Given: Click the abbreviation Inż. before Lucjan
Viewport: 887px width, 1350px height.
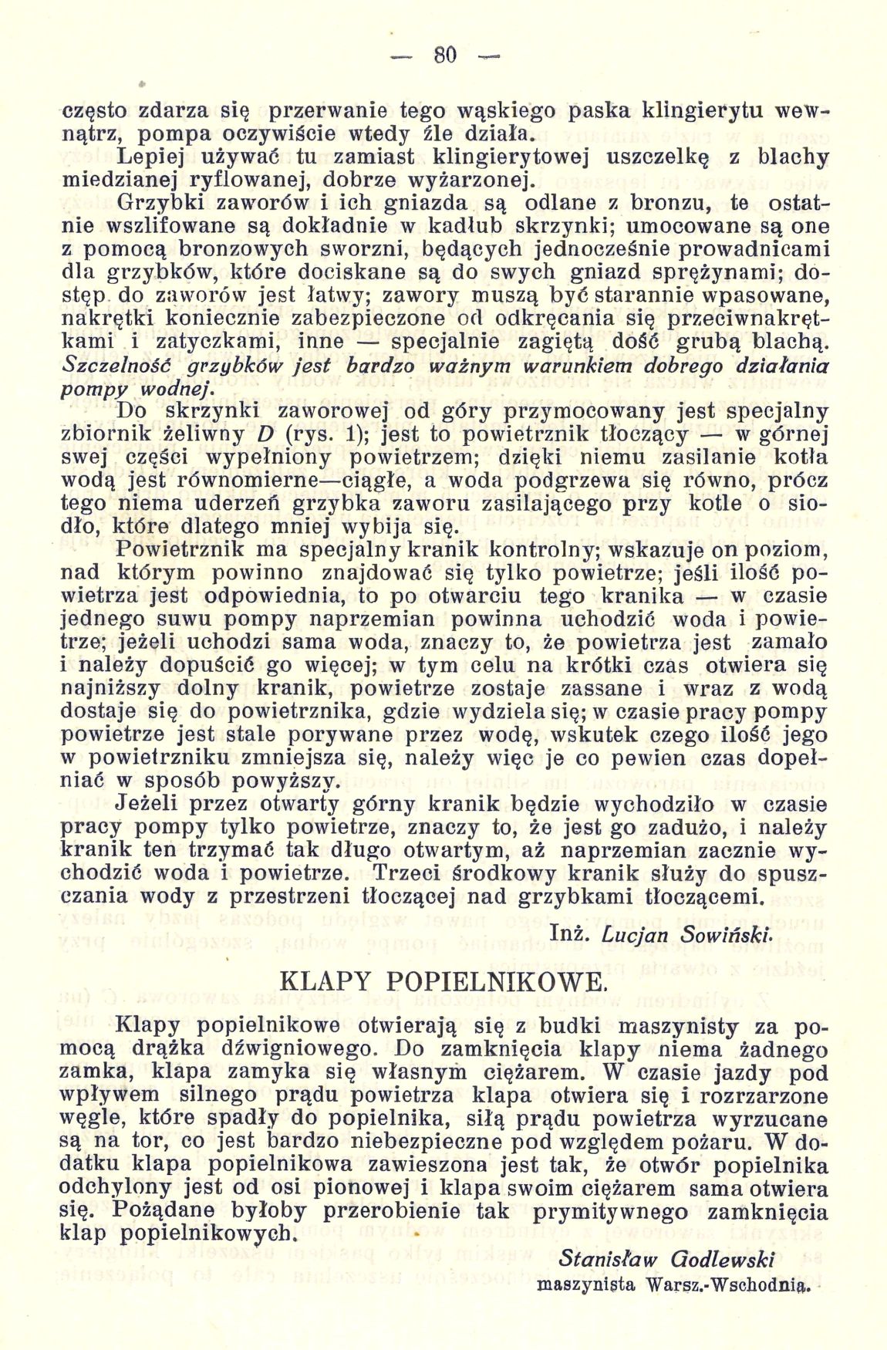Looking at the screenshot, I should (x=572, y=933).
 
